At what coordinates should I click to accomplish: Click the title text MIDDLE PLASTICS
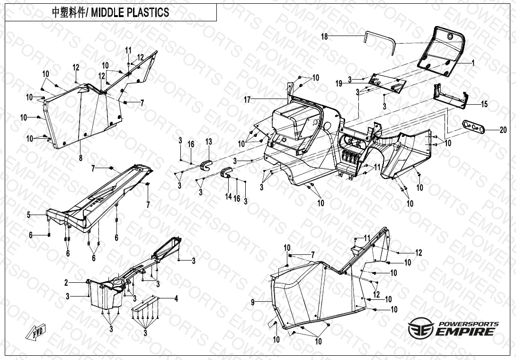(x=133, y=13)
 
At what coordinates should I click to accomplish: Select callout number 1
(x=472, y=63)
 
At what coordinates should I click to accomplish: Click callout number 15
(x=484, y=104)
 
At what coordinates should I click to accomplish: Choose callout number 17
(x=247, y=99)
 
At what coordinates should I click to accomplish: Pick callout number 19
(x=339, y=83)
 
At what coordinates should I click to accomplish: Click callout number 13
(x=209, y=142)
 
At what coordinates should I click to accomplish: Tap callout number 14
(x=229, y=196)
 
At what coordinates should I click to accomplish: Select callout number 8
(x=80, y=158)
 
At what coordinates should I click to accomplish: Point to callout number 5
(x=29, y=215)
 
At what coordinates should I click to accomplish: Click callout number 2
(x=67, y=283)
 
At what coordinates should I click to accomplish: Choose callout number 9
(x=253, y=301)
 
